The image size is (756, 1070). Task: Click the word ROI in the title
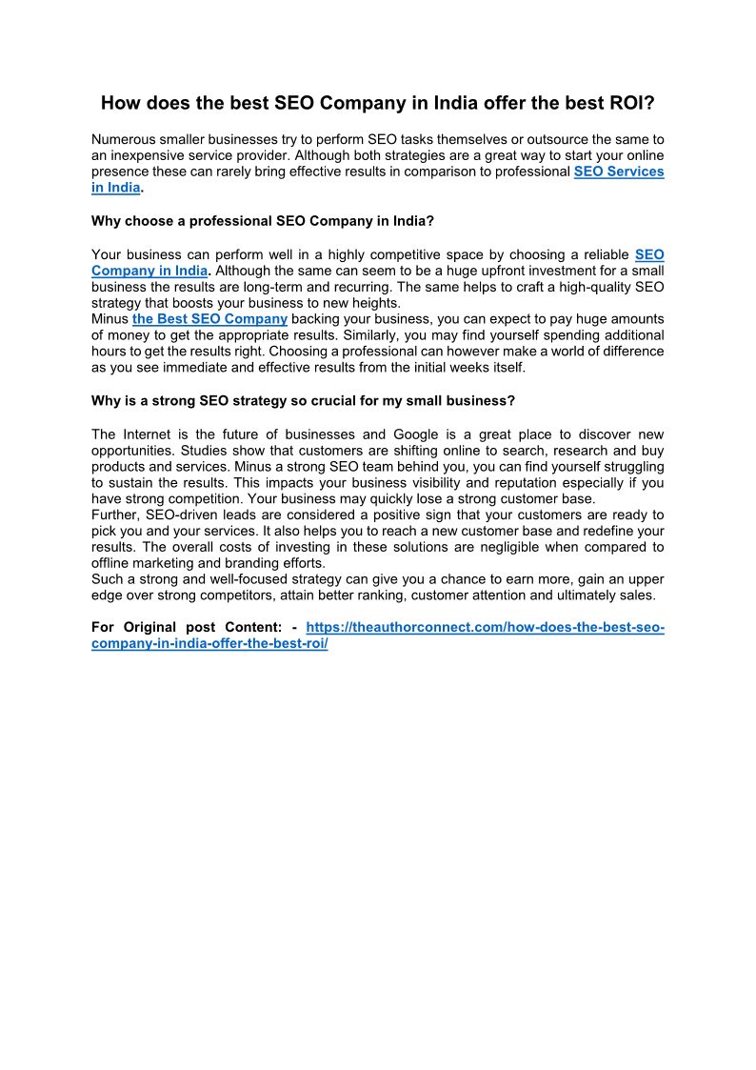coord(630,103)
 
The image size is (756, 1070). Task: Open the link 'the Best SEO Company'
coord(209,318)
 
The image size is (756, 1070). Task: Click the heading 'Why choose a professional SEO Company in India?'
coord(263,221)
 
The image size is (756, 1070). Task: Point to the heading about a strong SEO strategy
coord(303,400)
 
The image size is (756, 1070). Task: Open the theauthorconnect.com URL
coord(485,627)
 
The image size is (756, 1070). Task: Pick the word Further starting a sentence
coord(115,515)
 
